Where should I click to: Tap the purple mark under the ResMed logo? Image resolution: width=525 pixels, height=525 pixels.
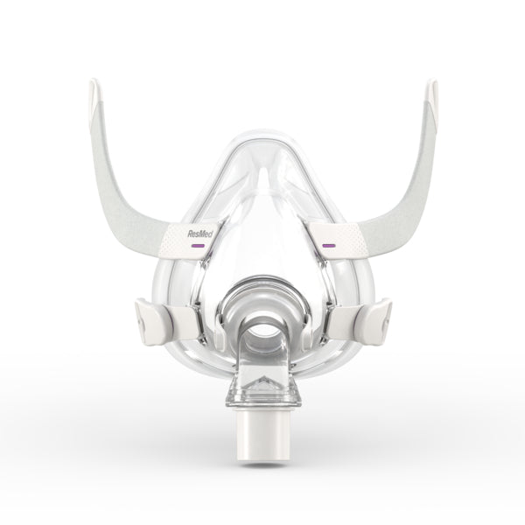click(x=199, y=247)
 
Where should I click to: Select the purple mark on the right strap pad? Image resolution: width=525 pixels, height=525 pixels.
click(x=329, y=246)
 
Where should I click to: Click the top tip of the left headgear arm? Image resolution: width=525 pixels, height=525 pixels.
click(x=94, y=86)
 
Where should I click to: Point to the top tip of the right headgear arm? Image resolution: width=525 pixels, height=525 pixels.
click(x=431, y=86)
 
